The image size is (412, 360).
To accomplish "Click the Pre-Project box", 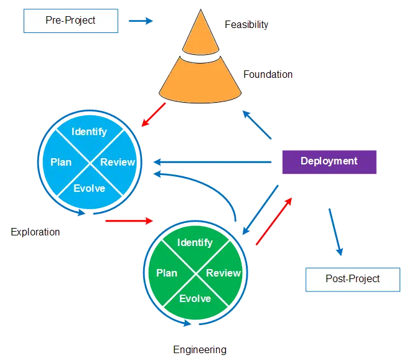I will pyautogui.click(x=70, y=21).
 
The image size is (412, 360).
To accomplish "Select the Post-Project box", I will pyautogui.click(x=352, y=279).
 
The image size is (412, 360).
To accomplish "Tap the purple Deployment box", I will pyautogui.click(x=329, y=161).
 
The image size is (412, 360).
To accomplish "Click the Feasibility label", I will pyautogui.click(x=246, y=25).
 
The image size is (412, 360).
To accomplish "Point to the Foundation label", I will pyautogui.click(x=268, y=74).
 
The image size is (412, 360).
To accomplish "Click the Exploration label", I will pyautogui.click(x=35, y=232).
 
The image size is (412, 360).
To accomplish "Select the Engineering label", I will pyautogui.click(x=200, y=349).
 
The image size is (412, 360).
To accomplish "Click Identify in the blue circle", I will pyautogui.click(x=89, y=132).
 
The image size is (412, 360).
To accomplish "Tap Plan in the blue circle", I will pyautogui.click(x=61, y=162).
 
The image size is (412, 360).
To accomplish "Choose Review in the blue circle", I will pyautogui.click(x=118, y=162).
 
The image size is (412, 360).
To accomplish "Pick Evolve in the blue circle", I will pyautogui.click(x=89, y=189).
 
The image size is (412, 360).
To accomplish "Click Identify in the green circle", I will pyautogui.click(x=195, y=243).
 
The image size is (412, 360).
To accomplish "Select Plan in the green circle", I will pyautogui.click(x=167, y=273).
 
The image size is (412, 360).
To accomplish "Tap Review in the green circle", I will pyautogui.click(x=223, y=273).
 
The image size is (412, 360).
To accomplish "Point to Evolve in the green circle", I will pyautogui.click(x=195, y=299).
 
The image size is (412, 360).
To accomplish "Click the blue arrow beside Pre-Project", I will pyautogui.click(x=139, y=21).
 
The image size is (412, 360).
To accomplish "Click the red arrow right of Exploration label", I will pyautogui.click(x=128, y=220).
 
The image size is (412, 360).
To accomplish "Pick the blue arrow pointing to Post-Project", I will pyautogui.click(x=335, y=232).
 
